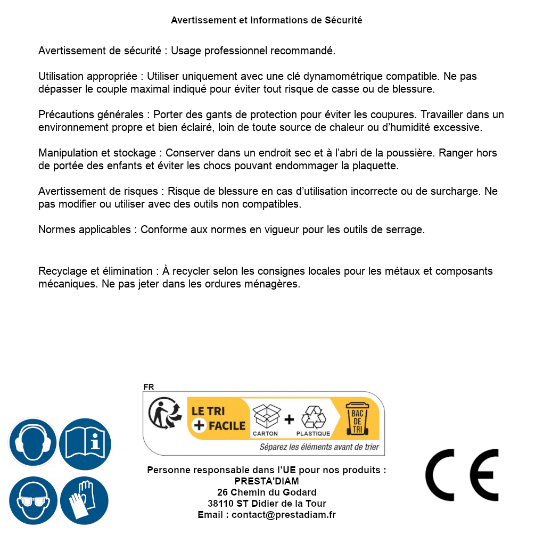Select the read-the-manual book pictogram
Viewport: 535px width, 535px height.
(x=85, y=442)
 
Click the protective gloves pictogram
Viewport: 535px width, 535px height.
(x=85, y=500)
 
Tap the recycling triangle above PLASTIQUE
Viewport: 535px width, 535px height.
(x=313, y=417)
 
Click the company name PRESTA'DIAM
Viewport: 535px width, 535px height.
(x=267, y=481)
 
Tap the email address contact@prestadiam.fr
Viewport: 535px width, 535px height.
(x=284, y=515)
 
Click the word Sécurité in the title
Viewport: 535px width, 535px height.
(x=343, y=20)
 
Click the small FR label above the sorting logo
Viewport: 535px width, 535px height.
(x=149, y=387)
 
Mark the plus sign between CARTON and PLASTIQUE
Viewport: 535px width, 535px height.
(x=289, y=419)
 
